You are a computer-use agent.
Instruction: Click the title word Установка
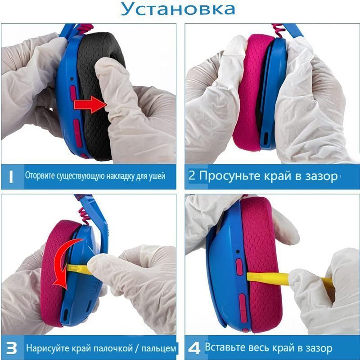(x=178, y=9)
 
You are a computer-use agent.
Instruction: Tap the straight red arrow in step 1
(x=90, y=105)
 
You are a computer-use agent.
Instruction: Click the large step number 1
(x=11, y=177)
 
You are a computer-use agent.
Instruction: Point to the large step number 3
(x=12, y=348)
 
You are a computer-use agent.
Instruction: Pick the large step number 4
(x=194, y=348)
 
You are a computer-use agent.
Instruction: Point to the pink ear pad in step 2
(x=252, y=92)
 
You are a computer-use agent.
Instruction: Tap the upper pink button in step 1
(x=73, y=93)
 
